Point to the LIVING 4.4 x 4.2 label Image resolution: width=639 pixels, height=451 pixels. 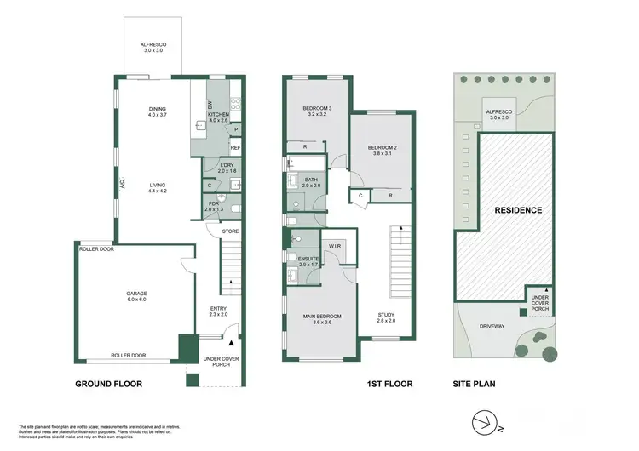pyautogui.click(x=158, y=187)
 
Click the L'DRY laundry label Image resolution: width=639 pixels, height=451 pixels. pyautogui.click(x=226, y=168)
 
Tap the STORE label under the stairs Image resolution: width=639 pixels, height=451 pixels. pyautogui.click(x=229, y=231)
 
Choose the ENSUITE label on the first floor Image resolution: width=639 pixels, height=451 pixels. pyautogui.click(x=308, y=261)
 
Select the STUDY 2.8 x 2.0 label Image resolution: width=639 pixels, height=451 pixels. pyautogui.click(x=387, y=317)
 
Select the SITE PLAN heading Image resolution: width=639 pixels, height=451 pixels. pyautogui.click(x=475, y=385)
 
